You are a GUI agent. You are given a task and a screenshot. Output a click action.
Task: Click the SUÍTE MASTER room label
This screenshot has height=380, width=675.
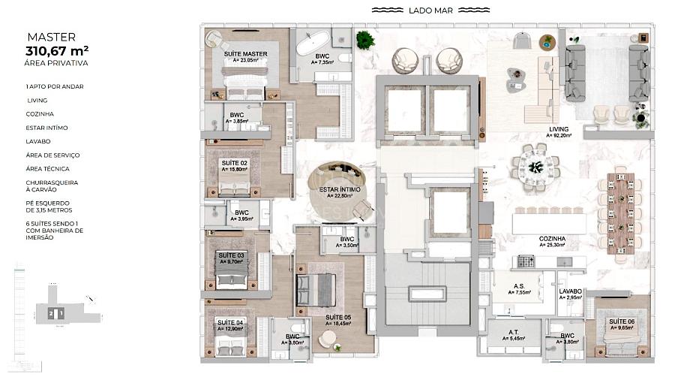[x=245, y=56]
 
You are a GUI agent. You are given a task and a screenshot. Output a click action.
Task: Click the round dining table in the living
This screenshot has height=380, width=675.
[x=535, y=165]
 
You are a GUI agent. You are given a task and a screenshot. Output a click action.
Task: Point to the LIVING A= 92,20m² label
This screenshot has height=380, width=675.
[x=559, y=132]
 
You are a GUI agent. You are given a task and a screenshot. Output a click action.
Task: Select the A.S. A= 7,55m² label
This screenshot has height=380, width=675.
[x=519, y=290]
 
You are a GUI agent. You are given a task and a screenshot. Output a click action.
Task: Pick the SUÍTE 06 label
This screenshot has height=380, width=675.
[x=621, y=324]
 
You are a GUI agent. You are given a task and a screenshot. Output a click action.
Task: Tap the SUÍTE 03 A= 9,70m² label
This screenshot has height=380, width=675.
[x=230, y=258]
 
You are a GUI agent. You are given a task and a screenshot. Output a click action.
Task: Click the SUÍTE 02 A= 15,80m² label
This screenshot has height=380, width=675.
[x=234, y=165]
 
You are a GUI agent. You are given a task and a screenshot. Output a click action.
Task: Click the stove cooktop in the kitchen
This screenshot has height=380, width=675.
[x=526, y=261]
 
